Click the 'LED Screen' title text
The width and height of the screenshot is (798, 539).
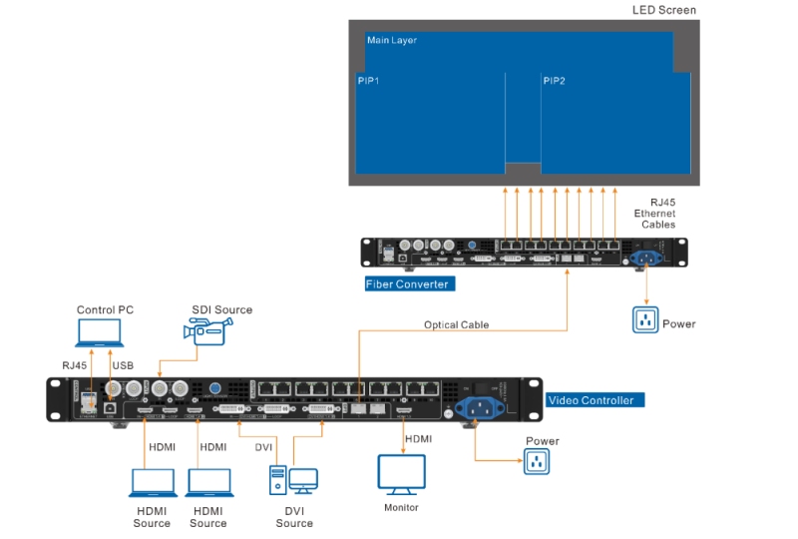664,10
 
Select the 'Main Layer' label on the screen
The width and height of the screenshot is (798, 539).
391,41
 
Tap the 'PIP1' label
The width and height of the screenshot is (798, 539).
368,80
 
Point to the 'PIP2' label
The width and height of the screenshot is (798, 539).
554,80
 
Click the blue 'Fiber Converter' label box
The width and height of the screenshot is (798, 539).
408,284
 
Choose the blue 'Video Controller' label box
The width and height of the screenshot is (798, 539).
591,400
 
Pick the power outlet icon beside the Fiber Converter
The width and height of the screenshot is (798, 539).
646,320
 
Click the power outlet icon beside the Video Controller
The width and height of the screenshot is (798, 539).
537,460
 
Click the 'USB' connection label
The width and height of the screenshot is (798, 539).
123,365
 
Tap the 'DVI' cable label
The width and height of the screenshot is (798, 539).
263,447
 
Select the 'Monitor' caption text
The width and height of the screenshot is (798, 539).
401,508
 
